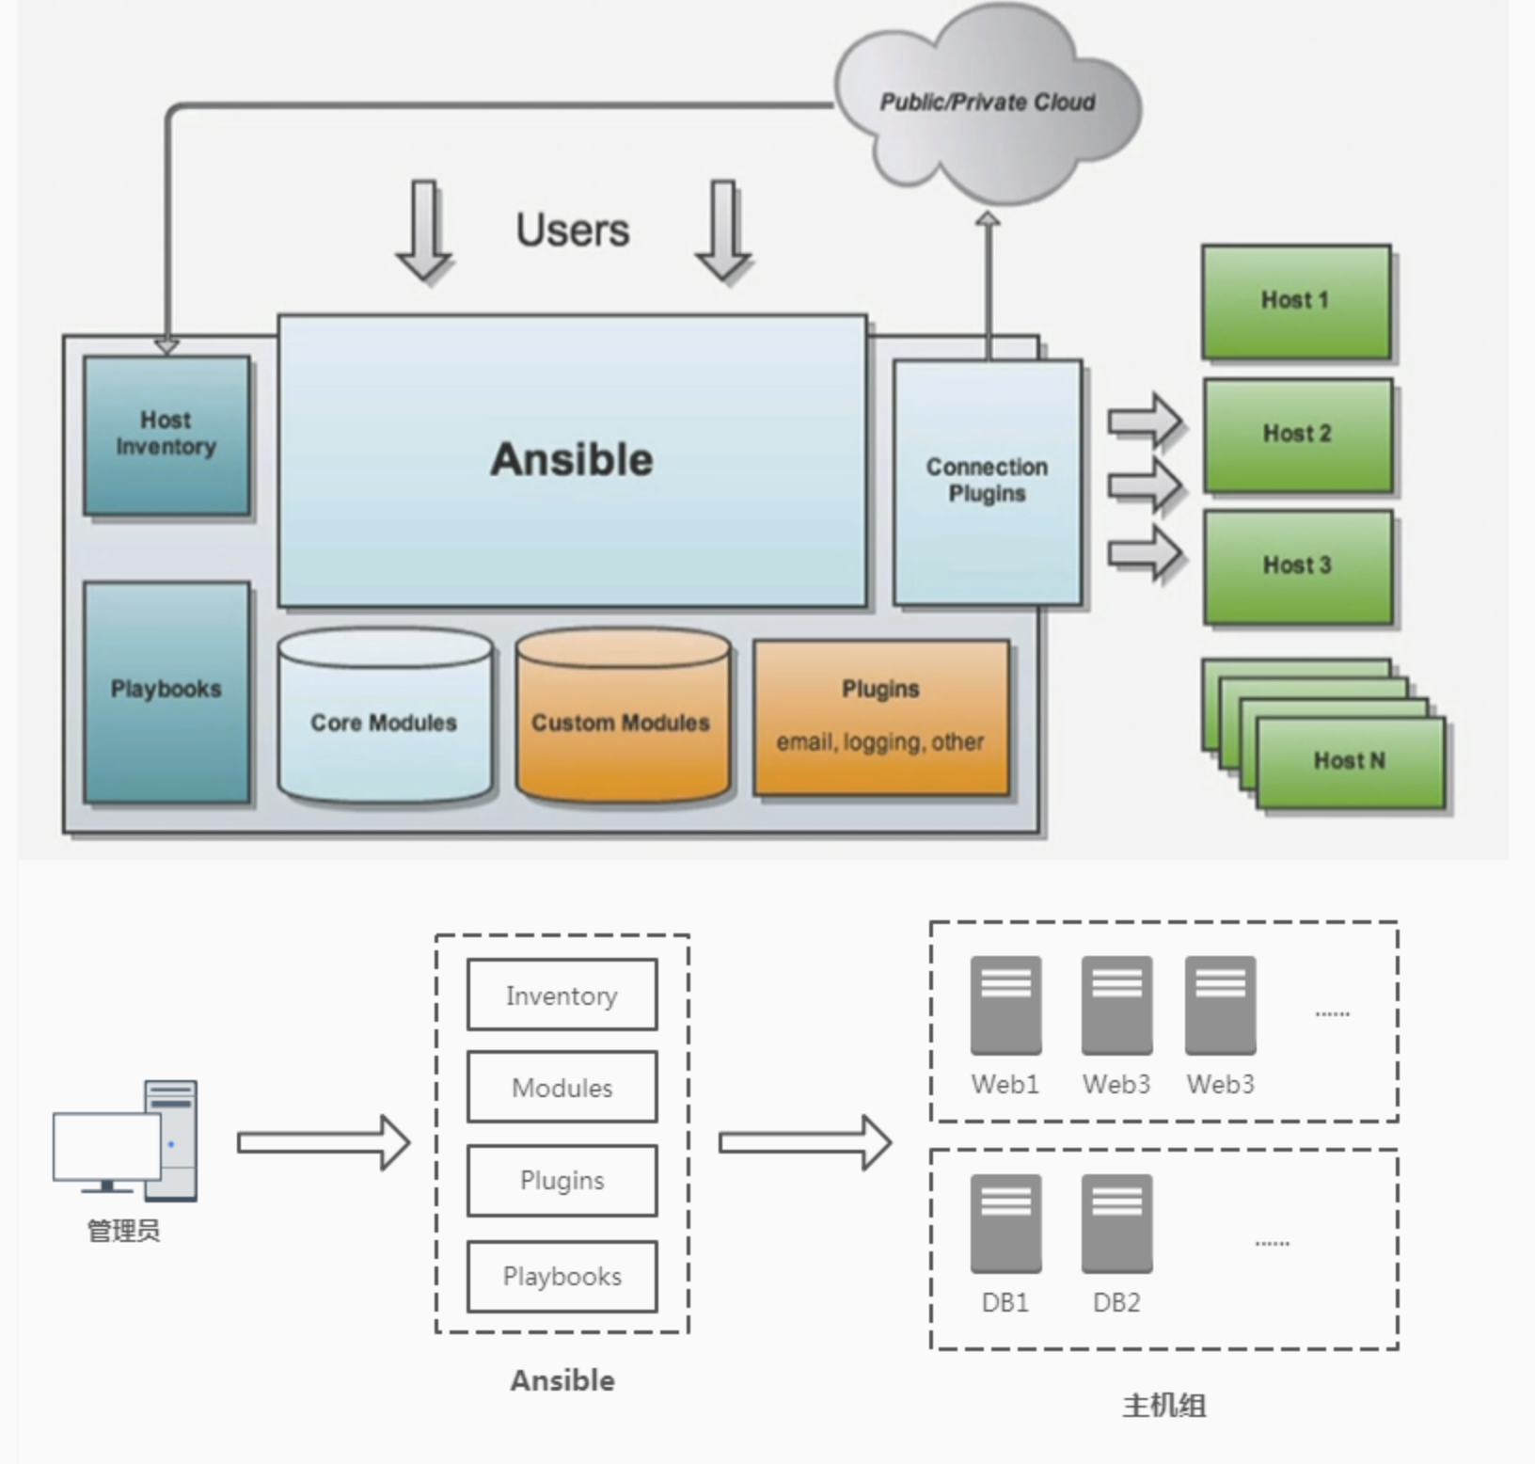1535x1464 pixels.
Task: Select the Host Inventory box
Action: pyautogui.click(x=166, y=435)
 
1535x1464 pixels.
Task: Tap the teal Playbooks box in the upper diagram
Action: pyautogui.click(x=166, y=692)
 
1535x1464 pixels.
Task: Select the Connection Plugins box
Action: pyautogui.click(x=988, y=482)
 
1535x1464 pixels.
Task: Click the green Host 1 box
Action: pyautogui.click(x=1296, y=301)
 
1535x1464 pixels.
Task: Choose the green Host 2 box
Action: pyautogui.click(x=1298, y=435)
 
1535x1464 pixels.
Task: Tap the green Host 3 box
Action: pyautogui.click(x=1298, y=566)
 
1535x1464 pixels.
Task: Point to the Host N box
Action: pyautogui.click(x=1351, y=762)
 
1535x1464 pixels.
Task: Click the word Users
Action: pyautogui.click(x=573, y=231)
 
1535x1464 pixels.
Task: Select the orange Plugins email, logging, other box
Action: pyautogui.click(x=881, y=718)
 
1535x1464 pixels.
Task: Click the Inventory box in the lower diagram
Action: pyautogui.click(x=562, y=995)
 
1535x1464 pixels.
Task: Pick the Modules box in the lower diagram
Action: pyautogui.click(x=562, y=1087)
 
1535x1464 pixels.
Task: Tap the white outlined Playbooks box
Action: pyautogui.click(x=562, y=1276)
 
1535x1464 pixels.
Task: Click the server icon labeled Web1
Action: pyautogui.click(x=1005, y=1005)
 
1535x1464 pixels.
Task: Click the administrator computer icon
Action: pyautogui.click(x=125, y=1140)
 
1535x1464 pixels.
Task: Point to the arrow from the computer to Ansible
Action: pyautogui.click(x=323, y=1142)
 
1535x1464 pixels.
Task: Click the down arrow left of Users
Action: pyautogui.click(x=424, y=231)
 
